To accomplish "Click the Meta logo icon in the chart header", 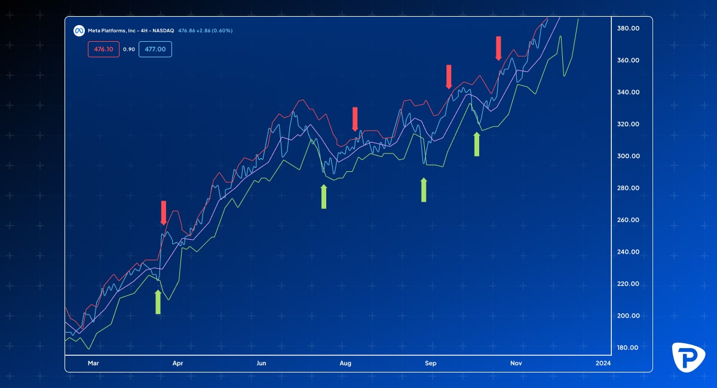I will tap(78, 30).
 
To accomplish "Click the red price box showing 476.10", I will tap(104, 49).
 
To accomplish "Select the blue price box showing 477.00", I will tap(155, 49).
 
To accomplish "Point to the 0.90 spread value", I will tap(129, 49).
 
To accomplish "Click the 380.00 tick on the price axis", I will tap(628, 28).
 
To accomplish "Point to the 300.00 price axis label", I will tap(628, 156).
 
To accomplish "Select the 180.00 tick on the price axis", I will tap(628, 347).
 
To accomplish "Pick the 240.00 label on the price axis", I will tap(628, 252).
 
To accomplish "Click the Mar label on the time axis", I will tap(93, 363).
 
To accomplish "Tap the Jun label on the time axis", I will tap(261, 363).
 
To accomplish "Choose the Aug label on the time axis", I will tap(345, 363).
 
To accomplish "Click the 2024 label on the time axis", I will tap(603, 363).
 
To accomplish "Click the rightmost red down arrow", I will tap(498, 48).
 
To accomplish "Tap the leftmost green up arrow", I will tap(158, 302).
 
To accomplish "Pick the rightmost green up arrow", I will tap(477, 144).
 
